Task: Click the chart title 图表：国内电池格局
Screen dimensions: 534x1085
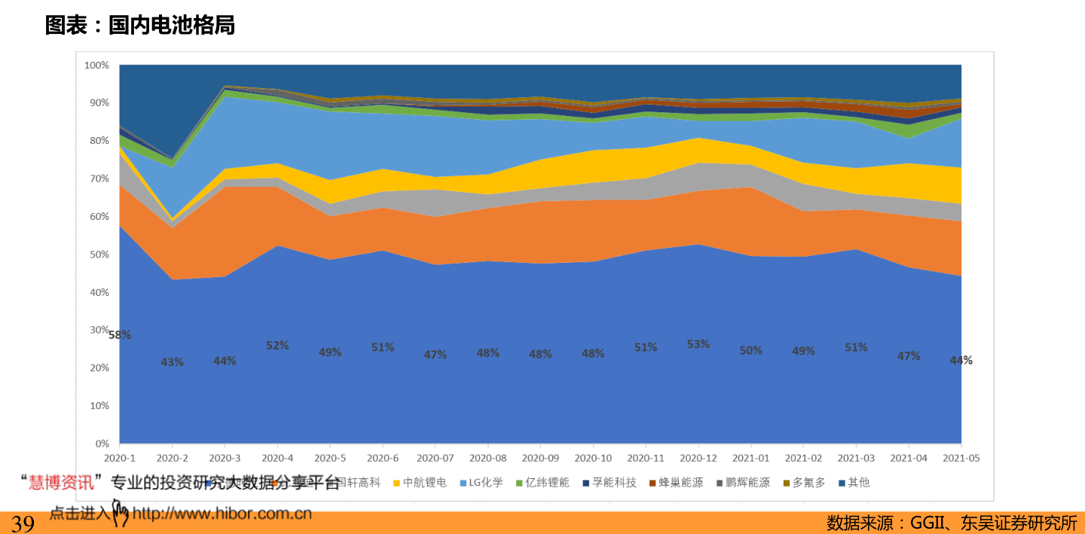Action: coord(140,26)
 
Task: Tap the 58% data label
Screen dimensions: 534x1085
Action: coord(119,335)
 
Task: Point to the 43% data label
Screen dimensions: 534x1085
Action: coord(172,362)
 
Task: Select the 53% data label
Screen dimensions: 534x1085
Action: coord(698,344)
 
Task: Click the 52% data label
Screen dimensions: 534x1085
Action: coord(277,346)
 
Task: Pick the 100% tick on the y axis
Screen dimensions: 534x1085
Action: coord(96,66)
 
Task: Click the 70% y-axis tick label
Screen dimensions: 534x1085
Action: coord(99,179)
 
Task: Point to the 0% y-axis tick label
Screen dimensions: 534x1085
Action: coord(102,443)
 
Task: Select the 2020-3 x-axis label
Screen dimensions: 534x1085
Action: coord(225,458)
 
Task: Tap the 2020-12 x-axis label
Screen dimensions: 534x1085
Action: coord(698,458)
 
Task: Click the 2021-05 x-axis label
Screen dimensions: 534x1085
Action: coord(961,458)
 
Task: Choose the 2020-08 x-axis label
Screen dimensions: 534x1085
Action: coord(487,458)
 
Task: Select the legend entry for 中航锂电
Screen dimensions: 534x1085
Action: coord(424,482)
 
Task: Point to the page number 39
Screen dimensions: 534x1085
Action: coord(23,523)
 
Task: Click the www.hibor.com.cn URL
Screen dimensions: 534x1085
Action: coord(222,514)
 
